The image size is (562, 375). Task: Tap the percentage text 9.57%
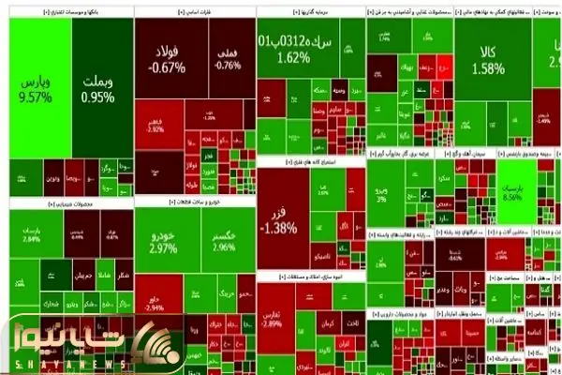click(x=39, y=97)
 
